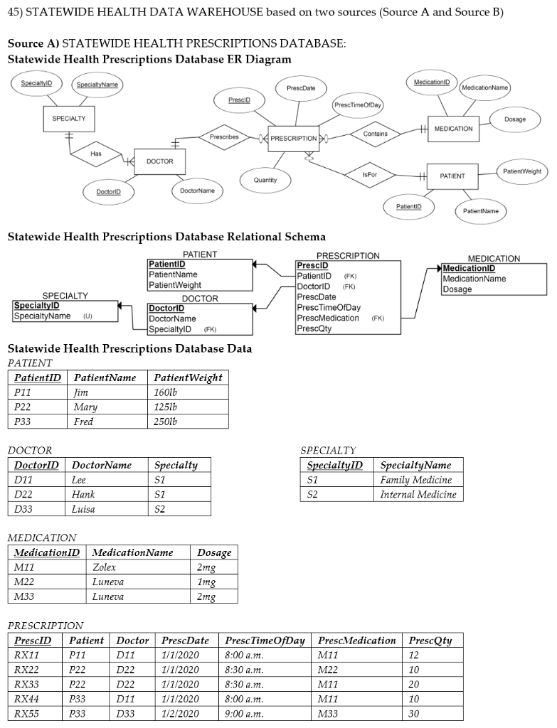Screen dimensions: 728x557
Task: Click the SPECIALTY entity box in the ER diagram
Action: pos(69,119)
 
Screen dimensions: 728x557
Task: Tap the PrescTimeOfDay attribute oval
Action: pos(358,106)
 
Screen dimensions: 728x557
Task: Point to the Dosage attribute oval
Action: pos(514,120)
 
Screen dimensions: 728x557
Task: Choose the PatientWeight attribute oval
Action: pos(521,171)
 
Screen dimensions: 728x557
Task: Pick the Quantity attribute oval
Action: pos(265,181)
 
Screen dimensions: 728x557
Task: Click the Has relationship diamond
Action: pos(95,154)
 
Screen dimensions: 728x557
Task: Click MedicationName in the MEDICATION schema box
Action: pos(474,279)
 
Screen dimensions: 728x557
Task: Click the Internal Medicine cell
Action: pos(418,494)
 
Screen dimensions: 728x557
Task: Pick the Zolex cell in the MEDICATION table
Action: pos(105,567)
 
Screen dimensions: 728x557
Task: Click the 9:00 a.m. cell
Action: pos(244,713)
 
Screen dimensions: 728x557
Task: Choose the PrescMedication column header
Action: pos(356,641)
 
